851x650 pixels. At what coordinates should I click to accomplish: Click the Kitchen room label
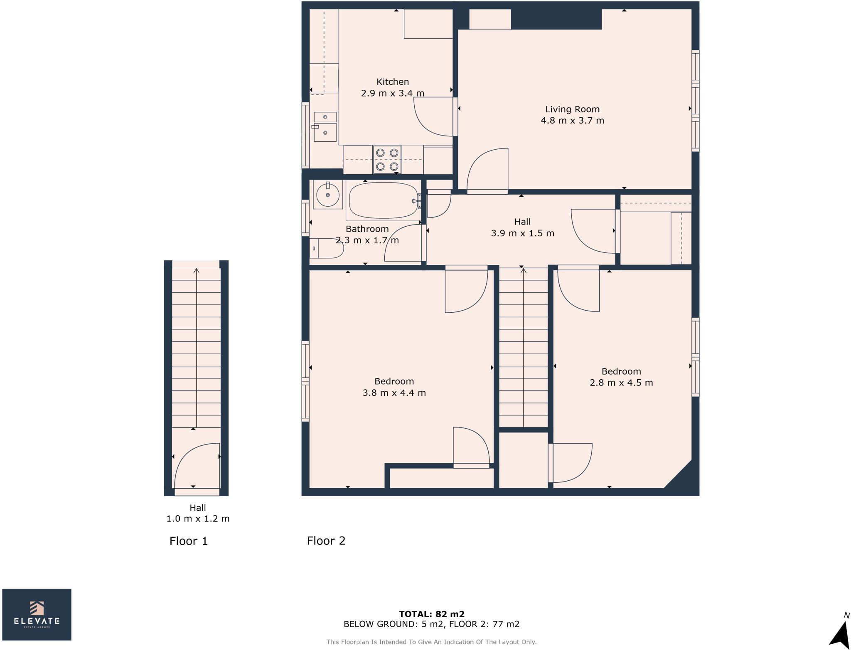[393, 82]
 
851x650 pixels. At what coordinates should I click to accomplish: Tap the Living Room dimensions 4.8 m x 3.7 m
[572, 121]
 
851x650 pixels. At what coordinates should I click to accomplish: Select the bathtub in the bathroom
[384, 200]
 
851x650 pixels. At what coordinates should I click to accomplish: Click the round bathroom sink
[328, 194]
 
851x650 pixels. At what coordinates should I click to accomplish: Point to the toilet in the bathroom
[327, 248]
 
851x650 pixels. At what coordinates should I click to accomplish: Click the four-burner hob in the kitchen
[387, 160]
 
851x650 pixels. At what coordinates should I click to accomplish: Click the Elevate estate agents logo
[37, 614]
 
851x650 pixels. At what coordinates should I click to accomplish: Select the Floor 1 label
[188, 541]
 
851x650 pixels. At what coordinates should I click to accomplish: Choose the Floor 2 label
[326, 541]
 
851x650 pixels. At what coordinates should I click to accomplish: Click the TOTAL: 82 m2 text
[432, 614]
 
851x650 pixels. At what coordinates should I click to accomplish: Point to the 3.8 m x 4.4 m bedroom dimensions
[394, 393]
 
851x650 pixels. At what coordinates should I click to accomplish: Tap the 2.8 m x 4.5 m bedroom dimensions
[621, 383]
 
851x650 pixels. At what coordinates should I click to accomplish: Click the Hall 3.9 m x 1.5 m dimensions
[522, 233]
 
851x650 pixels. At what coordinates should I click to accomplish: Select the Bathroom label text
[367, 229]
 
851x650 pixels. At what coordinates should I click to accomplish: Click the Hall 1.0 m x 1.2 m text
[198, 513]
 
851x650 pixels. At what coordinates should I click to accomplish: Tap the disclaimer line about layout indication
[431, 642]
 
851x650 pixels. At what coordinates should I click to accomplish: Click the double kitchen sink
[325, 127]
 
